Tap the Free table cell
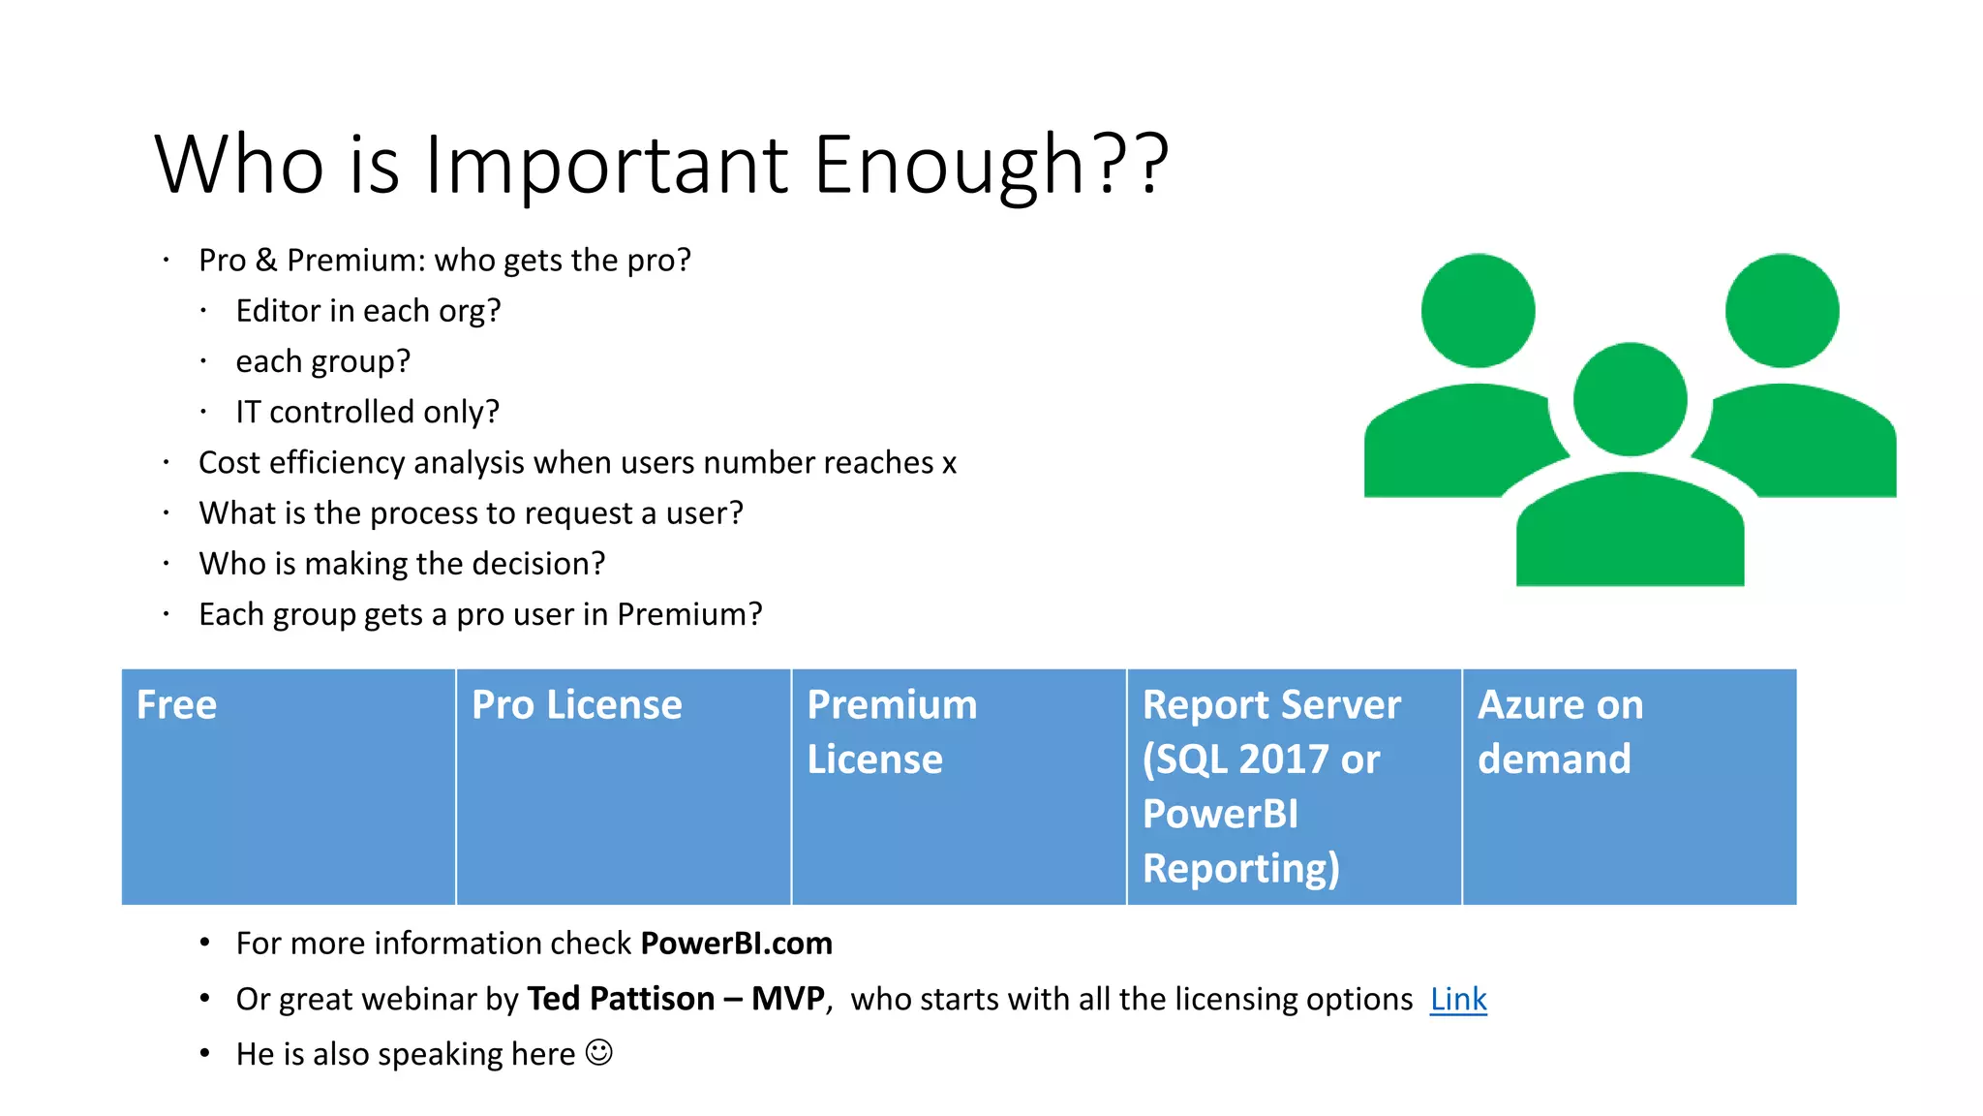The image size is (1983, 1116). pyautogui.click(x=288, y=786)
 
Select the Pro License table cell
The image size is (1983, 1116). pyautogui.click(x=623, y=786)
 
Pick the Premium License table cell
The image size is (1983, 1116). pyautogui.click(x=958, y=786)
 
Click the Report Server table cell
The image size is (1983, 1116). pyautogui.click(x=1293, y=786)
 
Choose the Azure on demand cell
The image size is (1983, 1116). pyautogui.click(x=1629, y=786)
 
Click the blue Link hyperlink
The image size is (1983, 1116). pyautogui.click(x=1457, y=999)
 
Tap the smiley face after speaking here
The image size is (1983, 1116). pyautogui.click(x=599, y=1052)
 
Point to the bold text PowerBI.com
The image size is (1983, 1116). pyautogui.click(x=736, y=944)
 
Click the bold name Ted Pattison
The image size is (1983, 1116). pyautogui.click(x=620, y=999)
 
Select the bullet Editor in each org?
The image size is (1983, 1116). pyautogui.click(x=368, y=311)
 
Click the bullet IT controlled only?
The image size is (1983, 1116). pyautogui.click(x=367, y=412)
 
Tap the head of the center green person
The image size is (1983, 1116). pyautogui.click(x=1630, y=398)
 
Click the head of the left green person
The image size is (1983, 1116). pyautogui.click(x=1478, y=310)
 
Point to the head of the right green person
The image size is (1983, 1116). pyautogui.click(x=1782, y=310)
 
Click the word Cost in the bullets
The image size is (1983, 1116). pyautogui.click(x=229, y=463)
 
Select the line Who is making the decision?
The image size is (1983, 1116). pyautogui.click(x=402, y=564)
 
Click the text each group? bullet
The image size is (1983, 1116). pyautogui.click(x=322, y=361)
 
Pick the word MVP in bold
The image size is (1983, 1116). pyautogui.click(x=787, y=999)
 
